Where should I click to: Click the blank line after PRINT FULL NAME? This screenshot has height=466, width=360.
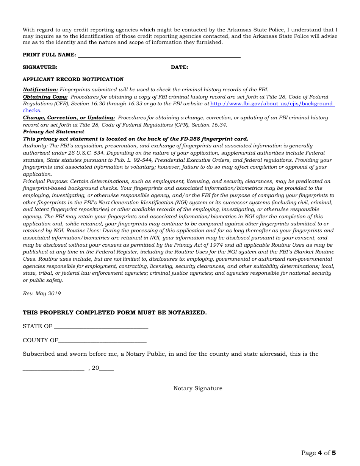tap(159, 56)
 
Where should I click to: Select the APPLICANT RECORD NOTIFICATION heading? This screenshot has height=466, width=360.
tap(73, 80)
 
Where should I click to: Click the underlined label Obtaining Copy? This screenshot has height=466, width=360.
tap(45, 97)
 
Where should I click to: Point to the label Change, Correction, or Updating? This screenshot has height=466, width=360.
tap(69, 118)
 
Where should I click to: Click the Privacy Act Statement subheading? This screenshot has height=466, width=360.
tap(53, 132)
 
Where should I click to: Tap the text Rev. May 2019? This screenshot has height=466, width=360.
tap(42, 294)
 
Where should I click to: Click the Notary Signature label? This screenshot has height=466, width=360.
tap(198, 388)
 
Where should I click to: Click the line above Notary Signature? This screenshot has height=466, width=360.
tap(218, 383)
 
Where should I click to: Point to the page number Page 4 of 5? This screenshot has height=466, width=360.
tap(318, 453)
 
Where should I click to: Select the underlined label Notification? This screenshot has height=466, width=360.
tap(41, 90)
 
